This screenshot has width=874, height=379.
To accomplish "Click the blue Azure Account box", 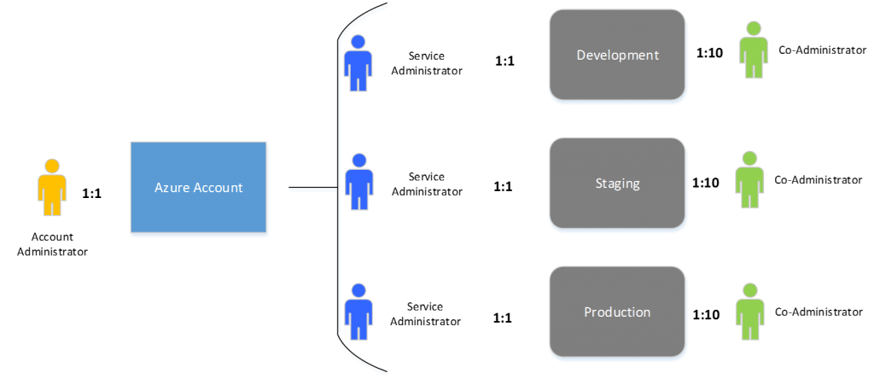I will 198,188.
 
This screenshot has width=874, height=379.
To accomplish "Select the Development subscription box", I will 617,55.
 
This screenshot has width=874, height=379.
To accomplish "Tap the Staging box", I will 617,183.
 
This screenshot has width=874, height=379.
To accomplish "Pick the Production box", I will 617,312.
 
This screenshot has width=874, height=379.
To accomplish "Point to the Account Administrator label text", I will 52,244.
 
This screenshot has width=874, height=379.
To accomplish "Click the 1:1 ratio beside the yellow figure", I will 91,194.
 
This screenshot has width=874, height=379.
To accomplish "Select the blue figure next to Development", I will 358,63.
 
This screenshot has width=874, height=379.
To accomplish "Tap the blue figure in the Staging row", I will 358,182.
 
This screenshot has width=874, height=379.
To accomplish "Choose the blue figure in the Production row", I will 358,312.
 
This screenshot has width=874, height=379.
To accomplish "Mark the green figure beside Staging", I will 749,179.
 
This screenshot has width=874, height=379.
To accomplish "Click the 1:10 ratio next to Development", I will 709,53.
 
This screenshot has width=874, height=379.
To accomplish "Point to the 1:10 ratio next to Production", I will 706,315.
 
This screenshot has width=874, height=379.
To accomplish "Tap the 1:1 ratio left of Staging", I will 503,184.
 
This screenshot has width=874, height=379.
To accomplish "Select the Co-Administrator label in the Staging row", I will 817,180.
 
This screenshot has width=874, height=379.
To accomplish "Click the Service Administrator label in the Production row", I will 426,313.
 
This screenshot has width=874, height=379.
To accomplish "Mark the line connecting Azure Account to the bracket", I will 311,189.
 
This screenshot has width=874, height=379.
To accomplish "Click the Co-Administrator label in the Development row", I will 823,50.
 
